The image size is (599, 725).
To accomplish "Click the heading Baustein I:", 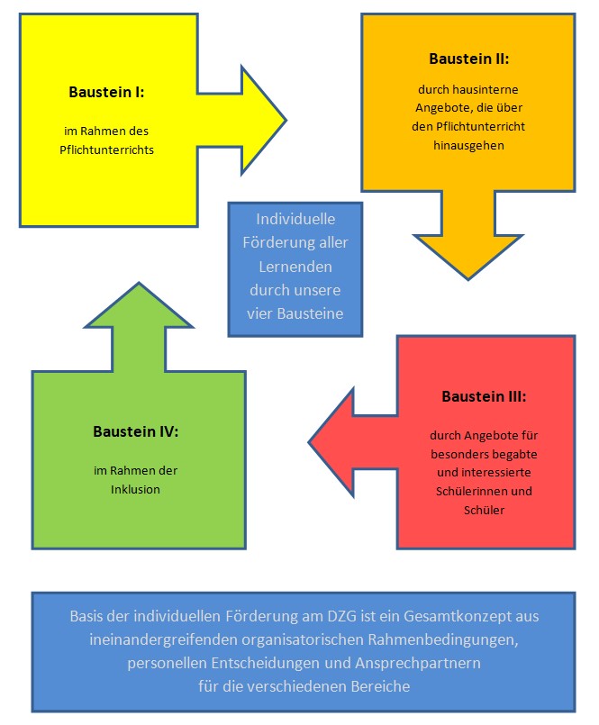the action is click(106, 92).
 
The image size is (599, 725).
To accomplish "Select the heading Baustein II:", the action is click(468, 59).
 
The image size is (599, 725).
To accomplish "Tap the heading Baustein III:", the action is click(484, 396).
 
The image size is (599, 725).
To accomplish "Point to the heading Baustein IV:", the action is click(135, 431).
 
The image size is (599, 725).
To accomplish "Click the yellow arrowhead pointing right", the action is click(264, 120).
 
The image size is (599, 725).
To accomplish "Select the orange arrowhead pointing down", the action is click(468, 257).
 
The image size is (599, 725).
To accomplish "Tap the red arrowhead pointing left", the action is click(331, 442).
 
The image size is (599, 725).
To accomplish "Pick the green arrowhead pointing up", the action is click(139, 305).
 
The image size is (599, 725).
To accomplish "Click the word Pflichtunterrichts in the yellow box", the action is click(106, 150).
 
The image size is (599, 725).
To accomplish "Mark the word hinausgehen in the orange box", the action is click(468, 146).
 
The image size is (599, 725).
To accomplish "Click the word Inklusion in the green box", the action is click(135, 489).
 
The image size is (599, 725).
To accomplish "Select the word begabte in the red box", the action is click(516, 454).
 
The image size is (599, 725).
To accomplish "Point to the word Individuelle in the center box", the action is click(295, 219).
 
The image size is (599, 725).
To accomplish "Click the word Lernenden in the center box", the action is click(295, 267).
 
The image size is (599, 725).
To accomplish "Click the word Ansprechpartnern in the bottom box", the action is click(418, 663).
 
